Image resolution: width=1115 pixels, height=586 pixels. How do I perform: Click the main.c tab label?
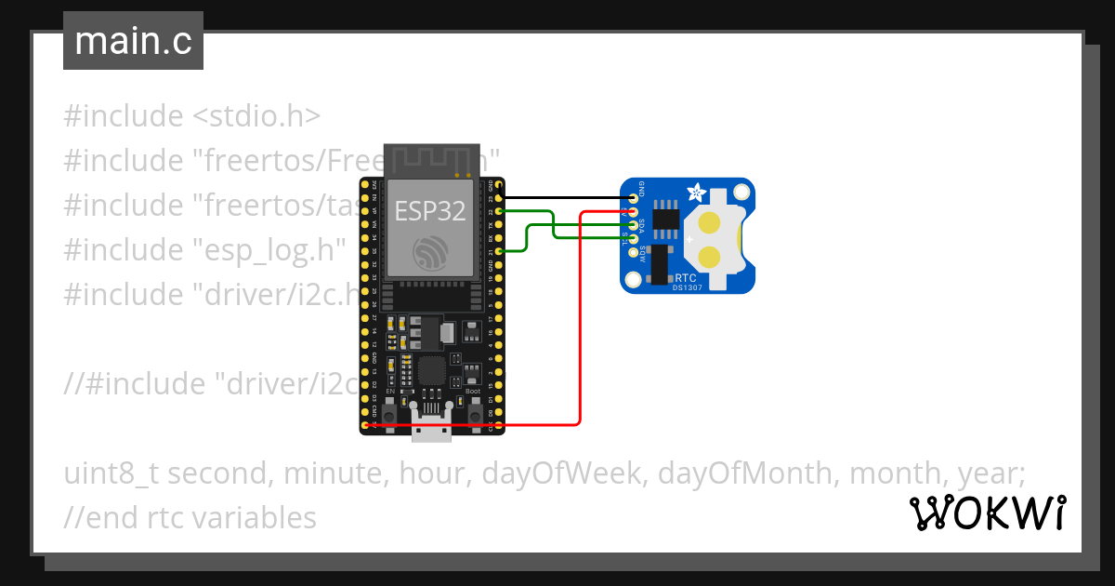[133, 42]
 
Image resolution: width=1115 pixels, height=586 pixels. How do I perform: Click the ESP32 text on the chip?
[428, 211]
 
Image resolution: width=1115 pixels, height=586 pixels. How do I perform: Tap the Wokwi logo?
[988, 513]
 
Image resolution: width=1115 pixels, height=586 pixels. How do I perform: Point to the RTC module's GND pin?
[634, 197]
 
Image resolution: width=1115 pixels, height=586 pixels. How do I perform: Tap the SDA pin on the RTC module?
[634, 225]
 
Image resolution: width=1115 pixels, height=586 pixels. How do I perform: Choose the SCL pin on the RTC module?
[634, 239]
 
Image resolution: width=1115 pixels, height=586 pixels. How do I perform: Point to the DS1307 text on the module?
[689, 287]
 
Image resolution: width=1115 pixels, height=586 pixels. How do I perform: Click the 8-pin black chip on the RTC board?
[664, 216]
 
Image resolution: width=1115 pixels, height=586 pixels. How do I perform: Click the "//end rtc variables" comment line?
[190, 517]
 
